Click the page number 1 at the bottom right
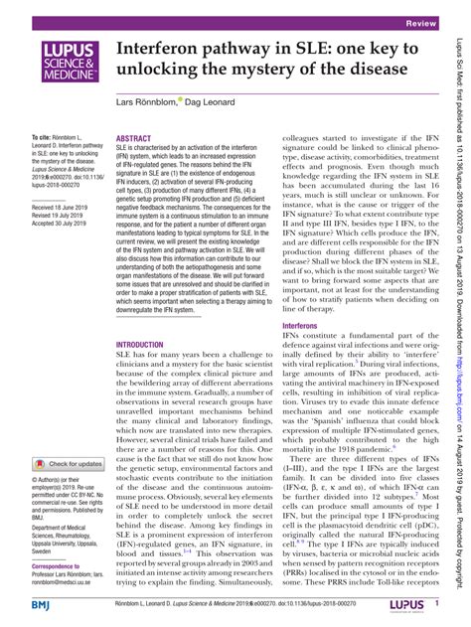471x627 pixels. pos(437,604)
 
